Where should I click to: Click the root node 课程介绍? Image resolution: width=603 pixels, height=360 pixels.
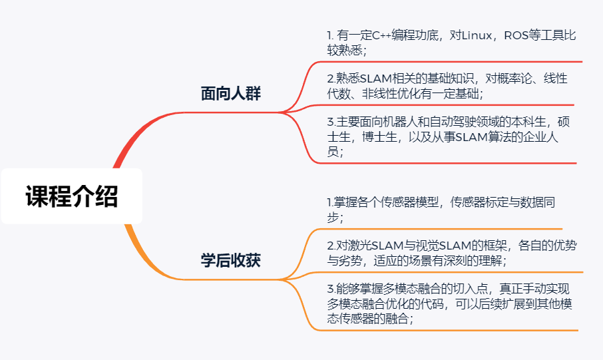click(71, 196)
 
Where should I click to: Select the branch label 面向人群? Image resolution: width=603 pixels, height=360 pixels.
click(231, 93)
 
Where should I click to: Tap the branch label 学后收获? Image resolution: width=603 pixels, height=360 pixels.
click(231, 260)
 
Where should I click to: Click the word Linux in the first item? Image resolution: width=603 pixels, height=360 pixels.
click(477, 35)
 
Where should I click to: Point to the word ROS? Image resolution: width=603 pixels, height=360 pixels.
click(515, 35)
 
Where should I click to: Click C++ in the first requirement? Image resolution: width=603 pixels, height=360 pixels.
click(382, 35)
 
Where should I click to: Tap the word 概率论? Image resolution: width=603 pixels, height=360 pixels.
click(514, 79)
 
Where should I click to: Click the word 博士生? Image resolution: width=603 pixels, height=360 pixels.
click(379, 137)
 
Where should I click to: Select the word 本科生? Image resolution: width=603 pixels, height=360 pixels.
click(528, 122)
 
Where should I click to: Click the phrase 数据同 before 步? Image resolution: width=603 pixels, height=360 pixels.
click(538, 202)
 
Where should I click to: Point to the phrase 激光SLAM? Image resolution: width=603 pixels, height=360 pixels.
click(370, 246)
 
